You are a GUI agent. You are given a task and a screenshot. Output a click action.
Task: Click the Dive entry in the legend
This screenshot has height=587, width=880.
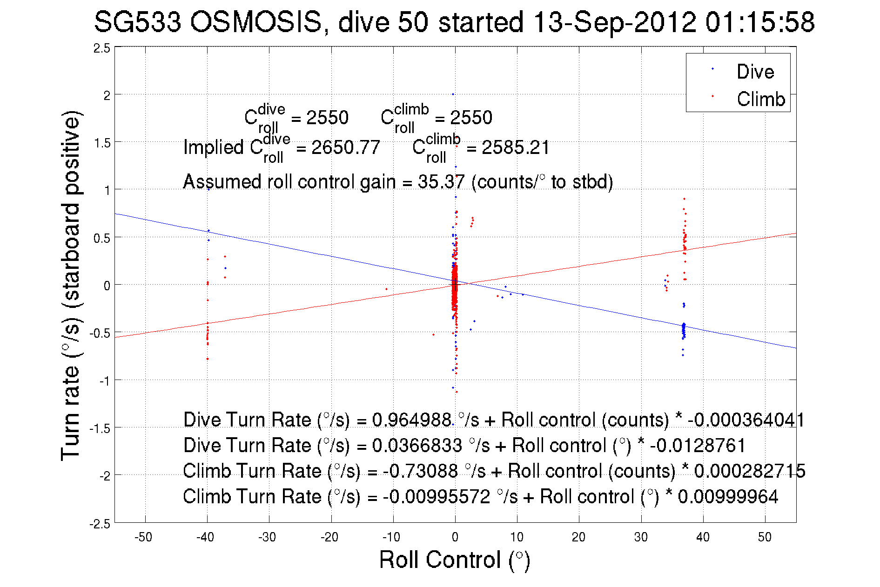(754, 72)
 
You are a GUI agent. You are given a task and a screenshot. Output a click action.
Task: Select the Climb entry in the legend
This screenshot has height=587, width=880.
(760, 99)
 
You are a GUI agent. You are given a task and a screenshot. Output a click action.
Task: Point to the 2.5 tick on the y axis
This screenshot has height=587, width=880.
(102, 48)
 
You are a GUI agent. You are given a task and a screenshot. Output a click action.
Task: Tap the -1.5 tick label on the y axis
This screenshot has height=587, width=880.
(100, 428)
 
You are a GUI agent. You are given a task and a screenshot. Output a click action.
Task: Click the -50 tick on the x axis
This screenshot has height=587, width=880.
(143, 537)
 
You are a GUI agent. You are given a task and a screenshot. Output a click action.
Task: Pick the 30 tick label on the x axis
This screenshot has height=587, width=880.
(640, 537)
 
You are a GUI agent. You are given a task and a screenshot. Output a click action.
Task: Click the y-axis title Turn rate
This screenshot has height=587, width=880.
(71, 286)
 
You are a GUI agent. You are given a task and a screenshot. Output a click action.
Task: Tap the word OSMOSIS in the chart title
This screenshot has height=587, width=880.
(255, 22)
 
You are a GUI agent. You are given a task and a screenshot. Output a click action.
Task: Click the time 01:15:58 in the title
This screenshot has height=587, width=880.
(759, 22)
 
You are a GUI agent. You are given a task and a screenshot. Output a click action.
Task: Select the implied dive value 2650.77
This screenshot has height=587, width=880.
(345, 147)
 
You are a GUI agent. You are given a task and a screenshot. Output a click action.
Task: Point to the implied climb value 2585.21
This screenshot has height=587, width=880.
(515, 147)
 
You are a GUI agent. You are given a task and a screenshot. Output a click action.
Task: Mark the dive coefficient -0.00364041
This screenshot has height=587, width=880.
(746, 420)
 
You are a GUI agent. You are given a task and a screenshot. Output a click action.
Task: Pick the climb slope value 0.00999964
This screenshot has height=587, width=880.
(728, 497)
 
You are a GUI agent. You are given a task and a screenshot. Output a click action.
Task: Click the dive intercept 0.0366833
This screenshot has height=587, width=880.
(417, 446)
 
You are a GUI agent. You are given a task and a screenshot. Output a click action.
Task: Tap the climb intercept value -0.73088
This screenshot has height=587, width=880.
(420, 471)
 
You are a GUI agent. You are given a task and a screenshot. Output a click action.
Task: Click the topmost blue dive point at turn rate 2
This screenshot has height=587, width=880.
(453, 94)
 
